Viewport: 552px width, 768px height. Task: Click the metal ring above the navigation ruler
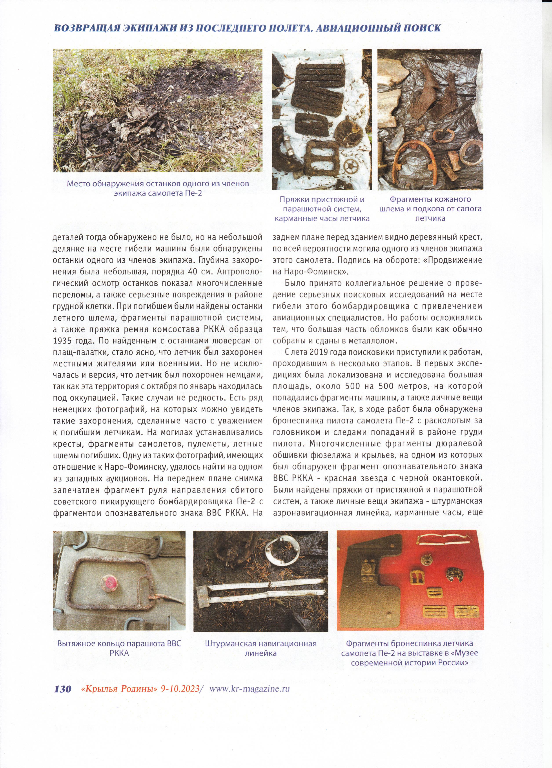pyautogui.click(x=284, y=551)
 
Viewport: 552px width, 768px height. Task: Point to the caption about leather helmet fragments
pyautogui.click(x=430, y=208)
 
